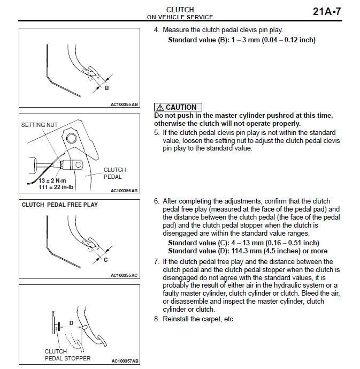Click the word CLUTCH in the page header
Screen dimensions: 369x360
[x=180, y=9]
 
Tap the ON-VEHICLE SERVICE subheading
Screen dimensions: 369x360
[x=180, y=17]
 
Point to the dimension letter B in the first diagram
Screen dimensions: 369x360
[x=106, y=88]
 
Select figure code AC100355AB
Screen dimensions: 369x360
[x=124, y=104]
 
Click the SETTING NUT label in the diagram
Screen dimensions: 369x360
[x=40, y=125]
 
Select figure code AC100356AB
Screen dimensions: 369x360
[x=124, y=190]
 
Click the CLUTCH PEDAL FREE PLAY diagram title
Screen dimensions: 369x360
[x=59, y=205]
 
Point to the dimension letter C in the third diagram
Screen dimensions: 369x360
[x=106, y=260]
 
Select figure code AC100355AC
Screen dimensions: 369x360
[x=124, y=275]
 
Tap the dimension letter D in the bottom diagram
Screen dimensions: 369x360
[x=71, y=323]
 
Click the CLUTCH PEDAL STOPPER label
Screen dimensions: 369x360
[x=67, y=355]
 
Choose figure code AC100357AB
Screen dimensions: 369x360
[x=124, y=361]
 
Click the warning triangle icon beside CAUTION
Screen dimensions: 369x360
[x=159, y=107]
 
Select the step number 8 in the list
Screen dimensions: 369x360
[x=156, y=319]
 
